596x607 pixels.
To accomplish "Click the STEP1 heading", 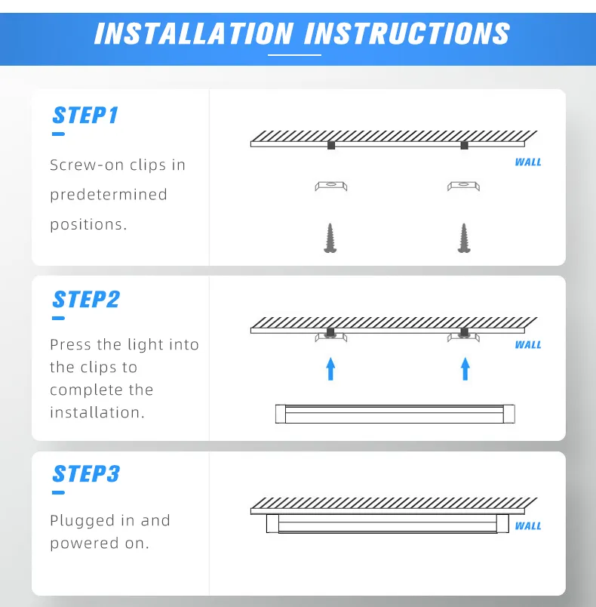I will (85, 116).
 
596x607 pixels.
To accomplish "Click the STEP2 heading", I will (86, 300).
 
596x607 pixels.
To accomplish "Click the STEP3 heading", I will (86, 474).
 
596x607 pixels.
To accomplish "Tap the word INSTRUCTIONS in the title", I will (407, 34).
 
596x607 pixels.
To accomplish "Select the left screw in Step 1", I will (330, 238).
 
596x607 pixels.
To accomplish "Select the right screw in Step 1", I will (464, 238).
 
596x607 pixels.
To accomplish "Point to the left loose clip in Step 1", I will (330, 186).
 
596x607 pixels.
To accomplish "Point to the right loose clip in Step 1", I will (464, 186).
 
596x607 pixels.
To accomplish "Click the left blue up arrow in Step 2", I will (330, 368).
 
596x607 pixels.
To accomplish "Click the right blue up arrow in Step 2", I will (465, 368).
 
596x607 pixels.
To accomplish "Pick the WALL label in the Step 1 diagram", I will (528, 162).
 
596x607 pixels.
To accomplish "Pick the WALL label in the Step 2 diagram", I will (528, 345).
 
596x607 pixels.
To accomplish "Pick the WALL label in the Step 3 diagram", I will (528, 526).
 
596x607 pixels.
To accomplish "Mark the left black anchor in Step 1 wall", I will (330, 145).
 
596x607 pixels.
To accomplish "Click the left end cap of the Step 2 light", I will (281, 414).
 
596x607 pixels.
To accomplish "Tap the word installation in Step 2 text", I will (95, 413).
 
